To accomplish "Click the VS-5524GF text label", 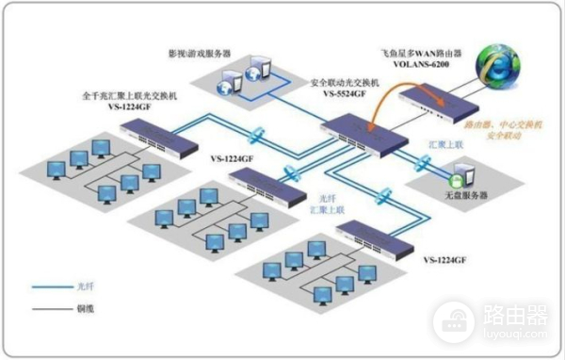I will (344, 95).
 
